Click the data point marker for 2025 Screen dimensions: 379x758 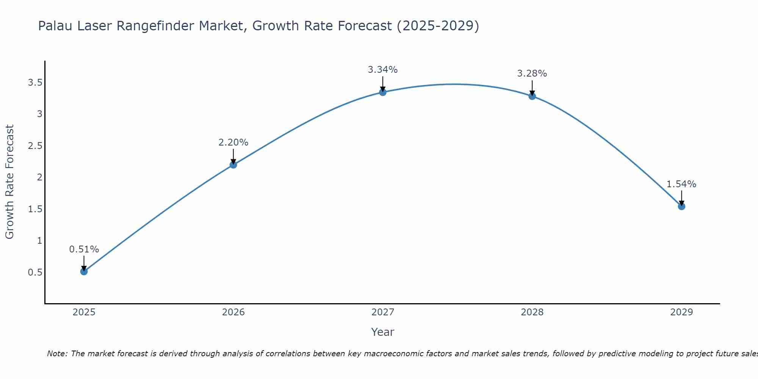coord(84,271)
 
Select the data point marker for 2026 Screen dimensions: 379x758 coord(233,164)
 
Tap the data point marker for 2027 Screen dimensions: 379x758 coord(383,92)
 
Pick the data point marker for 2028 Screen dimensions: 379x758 coord(532,96)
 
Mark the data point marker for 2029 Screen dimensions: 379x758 coord(681,207)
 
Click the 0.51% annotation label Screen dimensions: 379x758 coord(84,249)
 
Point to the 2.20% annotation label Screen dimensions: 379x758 coord(233,143)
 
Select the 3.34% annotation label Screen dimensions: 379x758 coord(383,70)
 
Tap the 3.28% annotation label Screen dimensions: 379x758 coord(532,74)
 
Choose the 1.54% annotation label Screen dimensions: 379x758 coord(681,184)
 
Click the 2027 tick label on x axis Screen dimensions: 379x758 coord(383,312)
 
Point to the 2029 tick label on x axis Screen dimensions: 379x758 coord(681,312)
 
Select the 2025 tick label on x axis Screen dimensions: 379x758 coord(84,312)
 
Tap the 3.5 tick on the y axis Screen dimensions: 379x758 coord(35,83)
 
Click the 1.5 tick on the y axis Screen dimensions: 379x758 coord(35,209)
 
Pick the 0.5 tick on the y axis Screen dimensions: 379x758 coord(35,273)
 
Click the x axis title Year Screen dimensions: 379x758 coord(383,332)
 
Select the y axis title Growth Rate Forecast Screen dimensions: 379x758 coord(10,182)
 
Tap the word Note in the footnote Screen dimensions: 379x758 coord(57,354)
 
